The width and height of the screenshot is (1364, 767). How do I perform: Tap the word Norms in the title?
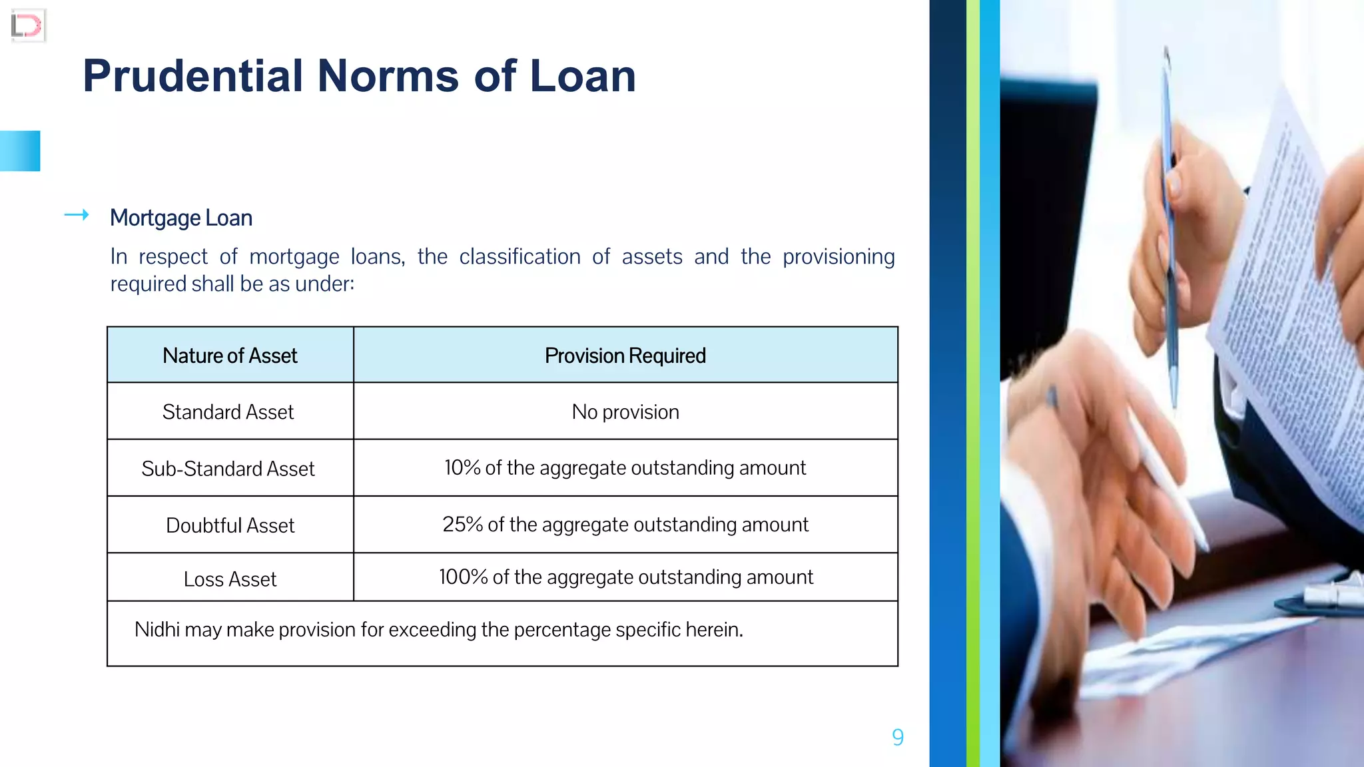click(x=388, y=76)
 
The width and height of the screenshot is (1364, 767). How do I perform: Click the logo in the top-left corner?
click(x=27, y=26)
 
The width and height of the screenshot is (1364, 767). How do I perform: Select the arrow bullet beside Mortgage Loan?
click(x=77, y=214)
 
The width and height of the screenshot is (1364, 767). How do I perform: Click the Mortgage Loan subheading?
click(x=181, y=218)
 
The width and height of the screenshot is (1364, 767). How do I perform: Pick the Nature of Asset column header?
click(x=230, y=356)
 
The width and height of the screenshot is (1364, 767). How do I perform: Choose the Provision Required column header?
click(x=625, y=356)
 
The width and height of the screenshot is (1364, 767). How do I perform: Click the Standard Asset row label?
click(x=228, y=412)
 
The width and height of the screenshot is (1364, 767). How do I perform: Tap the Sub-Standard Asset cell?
click(x=228, y=469)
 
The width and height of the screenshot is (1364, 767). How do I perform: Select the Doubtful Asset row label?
click(x=230, y=525)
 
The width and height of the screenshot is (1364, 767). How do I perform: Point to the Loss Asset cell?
click(x=230, y=579)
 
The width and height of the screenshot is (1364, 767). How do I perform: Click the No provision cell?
click(x=625, y=412)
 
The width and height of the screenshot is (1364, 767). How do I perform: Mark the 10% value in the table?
click(x=462, y=468)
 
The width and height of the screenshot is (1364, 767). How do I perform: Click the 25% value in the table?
click(x=462, y=525)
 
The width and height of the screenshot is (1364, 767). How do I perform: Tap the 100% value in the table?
click(x=464, y=577)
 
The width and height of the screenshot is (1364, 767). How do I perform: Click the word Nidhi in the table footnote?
click(x=157, y=629)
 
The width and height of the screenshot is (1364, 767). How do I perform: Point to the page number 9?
click(x=897, y=737)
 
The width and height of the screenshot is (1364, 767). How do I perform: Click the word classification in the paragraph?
click(x=519, y=256)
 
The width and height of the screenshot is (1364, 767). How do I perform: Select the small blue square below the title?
click(x=20, y=151)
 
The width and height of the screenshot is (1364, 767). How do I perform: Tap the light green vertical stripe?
click(x=972, y=383)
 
